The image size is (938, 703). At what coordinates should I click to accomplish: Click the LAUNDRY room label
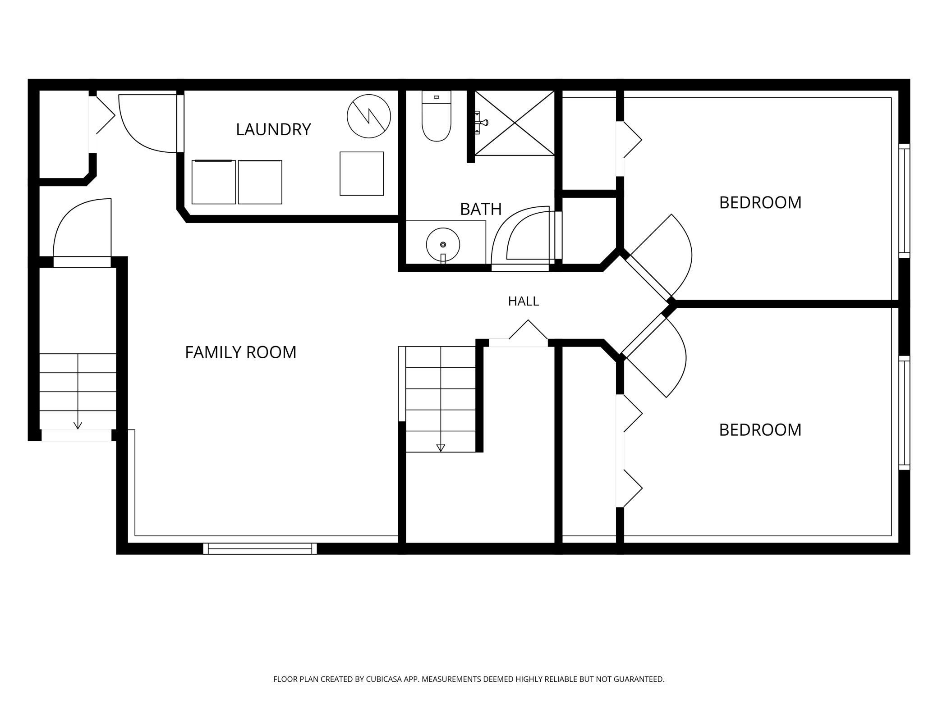(273, 129)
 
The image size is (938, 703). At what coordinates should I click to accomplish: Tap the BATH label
(481, 209)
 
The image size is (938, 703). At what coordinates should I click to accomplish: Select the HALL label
(524, 301)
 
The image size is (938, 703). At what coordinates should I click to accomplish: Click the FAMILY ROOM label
(241, 352)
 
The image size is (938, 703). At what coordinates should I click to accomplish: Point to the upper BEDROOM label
(760, 202)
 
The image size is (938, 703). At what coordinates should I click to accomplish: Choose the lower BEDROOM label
(760, 429)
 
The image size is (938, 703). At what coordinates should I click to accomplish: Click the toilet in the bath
(437, 116)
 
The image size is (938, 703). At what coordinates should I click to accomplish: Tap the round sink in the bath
(443, 245)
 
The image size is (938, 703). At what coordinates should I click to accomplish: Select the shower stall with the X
(515, 123)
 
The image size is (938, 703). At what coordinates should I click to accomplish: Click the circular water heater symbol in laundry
(369, 116)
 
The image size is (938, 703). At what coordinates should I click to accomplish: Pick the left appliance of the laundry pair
(214, 182)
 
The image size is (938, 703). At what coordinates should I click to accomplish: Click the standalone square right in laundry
(362, 173)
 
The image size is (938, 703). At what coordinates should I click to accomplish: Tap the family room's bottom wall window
(260, 548)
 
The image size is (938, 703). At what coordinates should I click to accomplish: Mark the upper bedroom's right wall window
(904, 201)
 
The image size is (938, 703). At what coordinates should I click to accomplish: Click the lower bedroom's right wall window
(904, 413)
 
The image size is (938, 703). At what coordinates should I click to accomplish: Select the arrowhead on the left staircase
(78, 425)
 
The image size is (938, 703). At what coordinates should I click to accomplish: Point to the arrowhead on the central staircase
(441, 448)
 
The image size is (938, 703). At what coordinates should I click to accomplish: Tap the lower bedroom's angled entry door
(654, 356)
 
